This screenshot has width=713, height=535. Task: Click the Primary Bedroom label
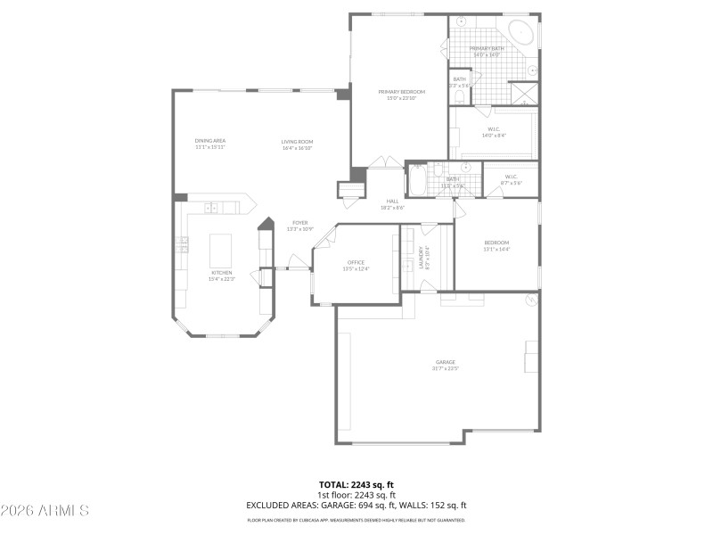pyautogui.click(x=400, y=94)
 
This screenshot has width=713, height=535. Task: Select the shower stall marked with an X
pyautogui.click(x=525, y=94)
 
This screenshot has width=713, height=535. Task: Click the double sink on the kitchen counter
pyautogui.click(x=211, y=208)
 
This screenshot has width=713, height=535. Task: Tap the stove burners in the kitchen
pyautogui.click(x=182, y=244)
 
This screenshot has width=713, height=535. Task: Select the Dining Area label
pyautogui.click(x=210, y=144)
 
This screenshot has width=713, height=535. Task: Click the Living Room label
pyautogui.click(x=297, y=144)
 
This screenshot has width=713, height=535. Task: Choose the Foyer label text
pyautogui.click(x=299, y=225)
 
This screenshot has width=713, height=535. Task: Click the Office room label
pyautogui.click(x=356, y=265)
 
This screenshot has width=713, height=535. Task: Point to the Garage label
pyautogui.click(x=445, y=364)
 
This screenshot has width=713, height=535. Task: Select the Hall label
pyautogui.click(x=392, y=203)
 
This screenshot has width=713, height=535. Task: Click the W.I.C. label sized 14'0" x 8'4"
pyautogui.click(x=493, y=132)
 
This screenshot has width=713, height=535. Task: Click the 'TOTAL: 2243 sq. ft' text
pyautogui.click(x=356, y=485)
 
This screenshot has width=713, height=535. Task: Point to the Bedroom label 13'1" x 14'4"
pyautogui.click(x=496, y=245)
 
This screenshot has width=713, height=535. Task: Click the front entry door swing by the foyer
pyautogui.click(x=296, y=260)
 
